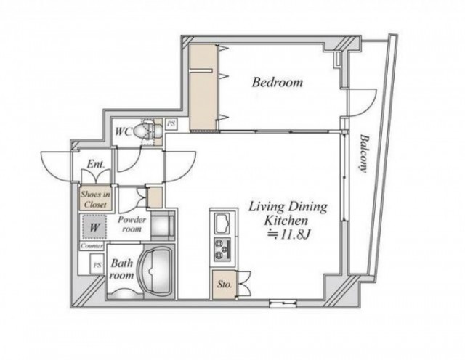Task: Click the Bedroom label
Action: point(278,82)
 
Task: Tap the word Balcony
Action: point(364,153)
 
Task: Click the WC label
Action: point(123,131)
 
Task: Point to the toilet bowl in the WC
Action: point(147,131)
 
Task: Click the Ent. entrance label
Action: point(95,164)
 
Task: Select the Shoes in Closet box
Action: point(95,198)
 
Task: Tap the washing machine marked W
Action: point(94,227)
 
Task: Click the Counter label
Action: point(92,246)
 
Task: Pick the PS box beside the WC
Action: point(171,123)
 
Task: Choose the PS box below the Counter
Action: point(97,265)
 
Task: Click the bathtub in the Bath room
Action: point(157,271)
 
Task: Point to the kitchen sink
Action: point(222,224)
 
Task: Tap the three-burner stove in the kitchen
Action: point(222,249)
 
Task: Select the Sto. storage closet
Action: point(224,285)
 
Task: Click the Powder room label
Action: point(132,224)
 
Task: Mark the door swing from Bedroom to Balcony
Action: point(362,102)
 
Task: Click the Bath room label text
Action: point(121,269)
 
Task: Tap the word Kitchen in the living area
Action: point(286,221)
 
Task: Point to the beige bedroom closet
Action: point(203,87)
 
